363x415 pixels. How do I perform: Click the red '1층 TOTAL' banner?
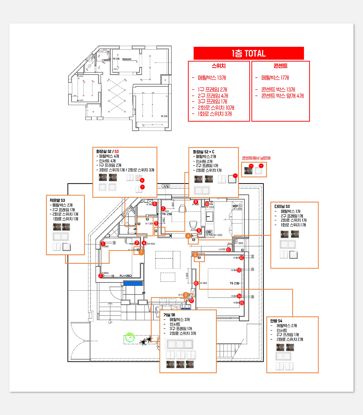248,53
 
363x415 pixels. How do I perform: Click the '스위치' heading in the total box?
219,66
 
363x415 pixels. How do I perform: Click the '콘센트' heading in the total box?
280,66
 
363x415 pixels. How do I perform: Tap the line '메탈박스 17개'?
275,78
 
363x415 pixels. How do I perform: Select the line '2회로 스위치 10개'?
216,108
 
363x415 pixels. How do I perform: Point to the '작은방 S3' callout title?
57,200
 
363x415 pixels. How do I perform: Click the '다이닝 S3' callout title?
282,206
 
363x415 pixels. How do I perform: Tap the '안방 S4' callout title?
276,321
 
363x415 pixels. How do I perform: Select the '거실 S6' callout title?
169,315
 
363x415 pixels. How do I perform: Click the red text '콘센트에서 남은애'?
256,158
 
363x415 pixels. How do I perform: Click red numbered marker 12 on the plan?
241,258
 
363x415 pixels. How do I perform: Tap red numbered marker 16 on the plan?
196,283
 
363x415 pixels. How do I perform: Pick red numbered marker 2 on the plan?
100,276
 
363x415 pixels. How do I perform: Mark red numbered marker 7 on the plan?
163,209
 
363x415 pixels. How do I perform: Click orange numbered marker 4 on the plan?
188,236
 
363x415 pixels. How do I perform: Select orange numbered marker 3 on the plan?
185,295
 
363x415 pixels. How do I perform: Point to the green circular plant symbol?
130,337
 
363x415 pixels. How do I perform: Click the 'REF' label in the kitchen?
235,206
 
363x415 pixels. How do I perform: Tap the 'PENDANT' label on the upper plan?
127,59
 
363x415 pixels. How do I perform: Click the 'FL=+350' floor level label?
126,276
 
